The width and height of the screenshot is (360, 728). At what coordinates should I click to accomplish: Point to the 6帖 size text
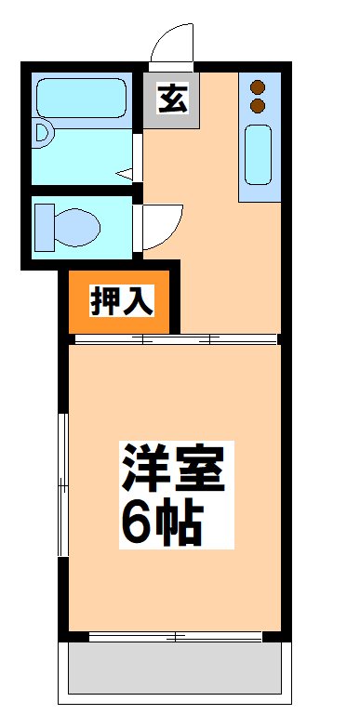(x=159, y=524)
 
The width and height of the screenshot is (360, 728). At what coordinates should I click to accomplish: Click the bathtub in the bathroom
(x=81, y=99)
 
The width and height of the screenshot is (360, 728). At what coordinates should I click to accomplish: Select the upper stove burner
(x=259, y=88)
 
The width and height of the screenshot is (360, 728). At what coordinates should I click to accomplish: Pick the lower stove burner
(x=259, y=106)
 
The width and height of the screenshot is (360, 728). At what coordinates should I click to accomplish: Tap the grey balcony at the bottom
(x=174, y=669)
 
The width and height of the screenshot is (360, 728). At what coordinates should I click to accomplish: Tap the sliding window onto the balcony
(x=175, y=637)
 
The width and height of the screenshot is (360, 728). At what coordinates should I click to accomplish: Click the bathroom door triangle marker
(x=127, y=173)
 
